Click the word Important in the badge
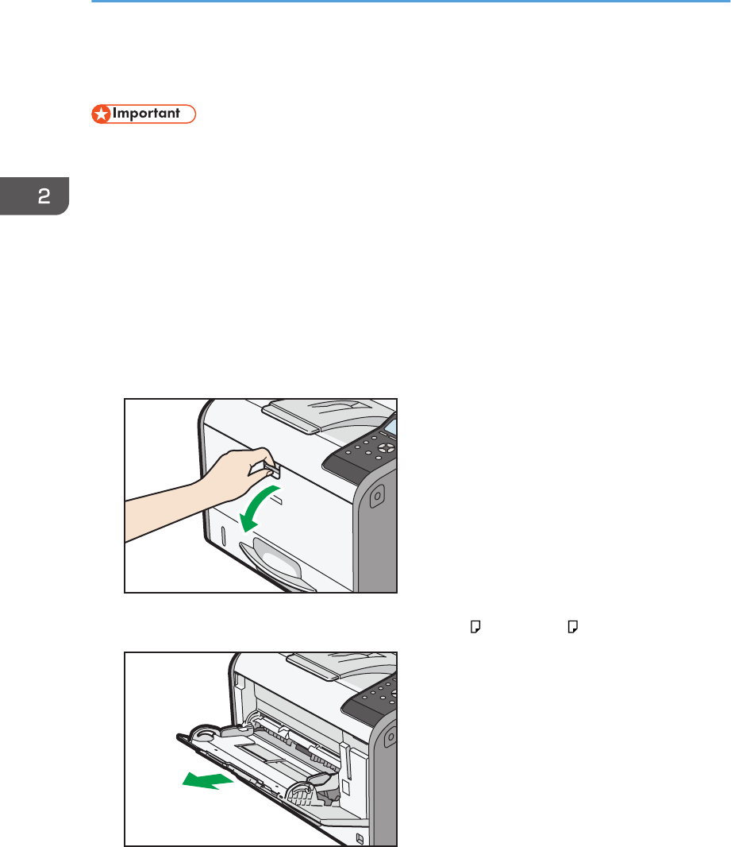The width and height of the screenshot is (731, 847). coord(146,114)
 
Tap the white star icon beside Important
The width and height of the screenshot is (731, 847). coord(101,114)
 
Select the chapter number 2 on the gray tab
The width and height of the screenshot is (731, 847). coord(44,195)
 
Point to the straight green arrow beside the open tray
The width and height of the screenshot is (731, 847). coord(208,780)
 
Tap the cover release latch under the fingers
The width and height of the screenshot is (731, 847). coord(274,470)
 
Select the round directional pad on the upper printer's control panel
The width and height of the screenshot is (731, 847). coord(386,448)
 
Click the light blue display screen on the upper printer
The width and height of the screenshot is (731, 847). coord(391,427)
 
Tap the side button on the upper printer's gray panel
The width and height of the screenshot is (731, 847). coord(377,495)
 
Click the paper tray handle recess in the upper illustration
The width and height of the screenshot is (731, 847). coord(275,563)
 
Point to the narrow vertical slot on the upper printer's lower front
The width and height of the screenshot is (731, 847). coord(223,535)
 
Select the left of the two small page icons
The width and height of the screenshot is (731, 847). coord(475,627)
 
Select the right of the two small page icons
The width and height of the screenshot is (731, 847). coord(573,627)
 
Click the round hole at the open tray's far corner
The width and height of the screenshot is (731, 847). coord(204,733)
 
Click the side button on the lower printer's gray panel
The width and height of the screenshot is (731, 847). coord(391,737)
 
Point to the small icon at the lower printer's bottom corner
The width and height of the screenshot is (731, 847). coord(360,839)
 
